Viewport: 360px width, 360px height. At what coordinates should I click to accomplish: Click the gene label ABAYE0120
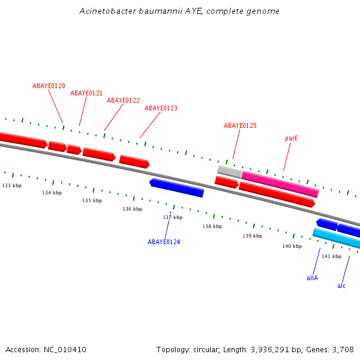pos(49,86)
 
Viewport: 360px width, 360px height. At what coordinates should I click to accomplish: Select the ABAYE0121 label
pos(86,94)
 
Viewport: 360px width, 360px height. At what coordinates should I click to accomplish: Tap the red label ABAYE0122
pos(123,101)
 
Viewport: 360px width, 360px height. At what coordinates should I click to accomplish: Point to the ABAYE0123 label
pos(161,109)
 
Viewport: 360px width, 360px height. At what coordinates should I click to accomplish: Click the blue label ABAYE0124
pos(164,242)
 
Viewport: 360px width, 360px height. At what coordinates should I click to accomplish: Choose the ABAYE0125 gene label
pos(240,126)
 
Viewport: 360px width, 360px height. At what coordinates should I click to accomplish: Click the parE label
pos(292,139)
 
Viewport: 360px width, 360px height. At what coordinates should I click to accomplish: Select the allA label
pos(312,278)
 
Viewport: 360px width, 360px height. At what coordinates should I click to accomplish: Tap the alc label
pos(341,286)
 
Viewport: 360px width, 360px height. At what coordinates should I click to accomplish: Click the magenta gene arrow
pos(280,184)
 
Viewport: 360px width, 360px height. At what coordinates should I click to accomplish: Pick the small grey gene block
pos(229,172)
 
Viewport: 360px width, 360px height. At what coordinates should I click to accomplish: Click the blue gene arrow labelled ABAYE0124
pos(177,187)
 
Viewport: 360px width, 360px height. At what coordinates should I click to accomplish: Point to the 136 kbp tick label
pos(132,209)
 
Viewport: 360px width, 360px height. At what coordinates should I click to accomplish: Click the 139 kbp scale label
pos(252,236)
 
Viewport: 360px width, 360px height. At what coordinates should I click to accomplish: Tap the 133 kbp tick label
pos(11,186)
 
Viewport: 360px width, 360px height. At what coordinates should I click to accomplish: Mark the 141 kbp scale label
pos(331,257)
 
